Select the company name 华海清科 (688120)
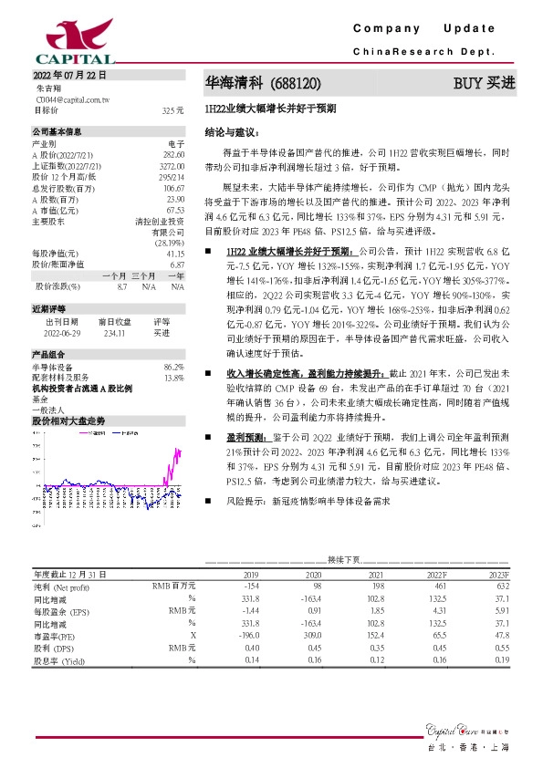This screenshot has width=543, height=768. (262, 83)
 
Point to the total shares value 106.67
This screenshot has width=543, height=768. (173, 187)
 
